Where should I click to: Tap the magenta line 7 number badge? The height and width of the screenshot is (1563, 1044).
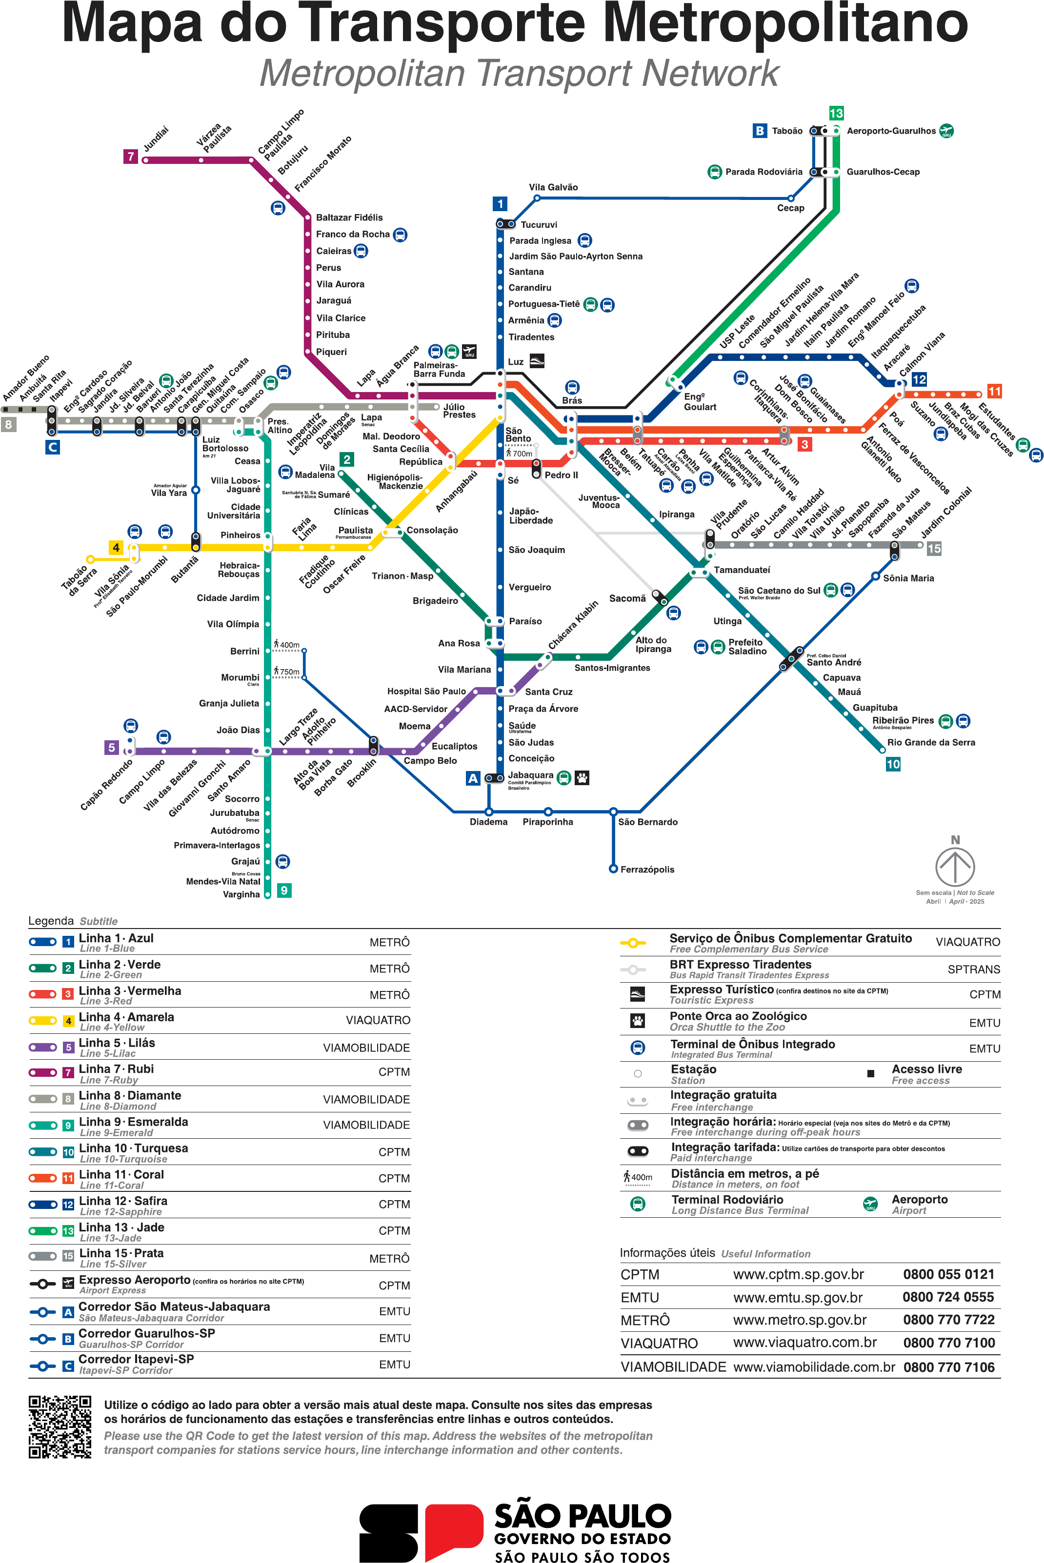pyautogui.click(x=131, y=157)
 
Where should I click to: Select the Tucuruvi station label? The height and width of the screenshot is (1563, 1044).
pyautogui.click(x=539, y=225)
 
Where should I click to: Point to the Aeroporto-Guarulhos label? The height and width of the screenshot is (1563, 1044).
pyautogui.click(x=891, y=131)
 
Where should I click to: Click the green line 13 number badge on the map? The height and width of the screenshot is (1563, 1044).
pyautogui.click(x=836, y=113)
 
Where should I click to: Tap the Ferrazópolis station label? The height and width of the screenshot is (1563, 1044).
pyautogui.click(x=647, y=870)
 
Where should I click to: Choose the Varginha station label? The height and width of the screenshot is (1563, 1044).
pyautogui.click(x=241, y=894)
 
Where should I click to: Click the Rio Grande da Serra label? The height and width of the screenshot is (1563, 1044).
pyautogui.click(x=931, y=743)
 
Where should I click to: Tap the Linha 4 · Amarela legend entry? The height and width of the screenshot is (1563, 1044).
pyautogui.click(x=126, y=1017)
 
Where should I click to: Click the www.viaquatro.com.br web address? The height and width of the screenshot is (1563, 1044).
pyautogui.click(x=804, y=1342)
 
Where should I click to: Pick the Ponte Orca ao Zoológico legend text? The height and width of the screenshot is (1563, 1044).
pyautogui.click(x=738, y=1016)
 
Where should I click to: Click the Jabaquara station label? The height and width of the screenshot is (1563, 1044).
pyautogui.click(x=531, y=775)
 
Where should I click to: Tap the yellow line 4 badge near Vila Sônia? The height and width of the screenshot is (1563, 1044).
pyautogui.click(x=116, y=548)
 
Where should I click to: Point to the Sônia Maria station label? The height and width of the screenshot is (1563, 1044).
pyautogui.click(x=908, y=578)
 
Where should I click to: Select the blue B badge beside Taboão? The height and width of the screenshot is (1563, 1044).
pyautogui.click(x=759, y=131)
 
